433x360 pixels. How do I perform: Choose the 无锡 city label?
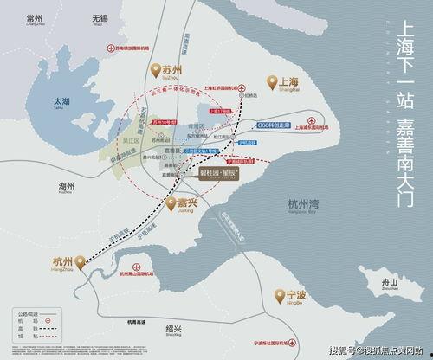point(87,18)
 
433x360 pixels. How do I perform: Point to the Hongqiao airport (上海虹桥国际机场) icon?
point(245,87)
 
